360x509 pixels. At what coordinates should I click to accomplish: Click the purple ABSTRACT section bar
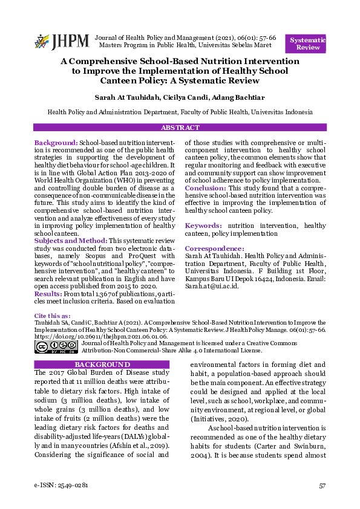pos(180,128)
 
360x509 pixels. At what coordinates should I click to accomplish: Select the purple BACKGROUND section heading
pos(102,365)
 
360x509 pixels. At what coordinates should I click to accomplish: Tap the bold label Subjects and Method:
pos(70,241)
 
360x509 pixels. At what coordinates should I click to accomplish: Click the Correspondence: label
pos(214,248)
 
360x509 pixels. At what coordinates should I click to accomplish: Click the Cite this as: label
pos(52,316)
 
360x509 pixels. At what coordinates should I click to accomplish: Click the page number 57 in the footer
pos(322,485)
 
